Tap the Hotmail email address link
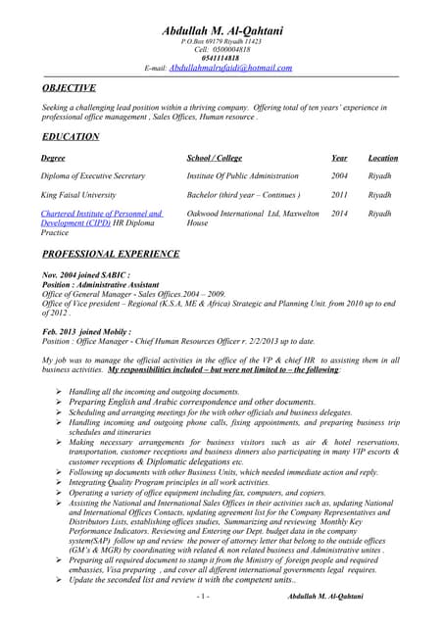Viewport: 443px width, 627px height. [231, 68]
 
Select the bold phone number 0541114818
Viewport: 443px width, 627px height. [222, 58]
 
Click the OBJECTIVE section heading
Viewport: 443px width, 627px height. [69, 87]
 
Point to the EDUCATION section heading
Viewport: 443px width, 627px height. [71, 136]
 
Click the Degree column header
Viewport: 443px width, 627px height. [54, 158]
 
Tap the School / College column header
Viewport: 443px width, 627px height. [214, 158]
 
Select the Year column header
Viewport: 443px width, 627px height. [339, 158]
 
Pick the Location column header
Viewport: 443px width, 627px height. [383, 158]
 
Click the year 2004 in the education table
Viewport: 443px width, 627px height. [339, 176]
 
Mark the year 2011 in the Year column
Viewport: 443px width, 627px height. [339, 195]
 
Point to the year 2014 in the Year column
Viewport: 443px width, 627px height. [339, 214]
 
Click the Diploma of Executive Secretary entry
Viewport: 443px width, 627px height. [93, 176]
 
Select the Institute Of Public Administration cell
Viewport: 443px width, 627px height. [242, 176]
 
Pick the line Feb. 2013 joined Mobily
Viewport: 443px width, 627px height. [87, 332]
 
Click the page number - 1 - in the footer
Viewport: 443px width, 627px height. [202, 597]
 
